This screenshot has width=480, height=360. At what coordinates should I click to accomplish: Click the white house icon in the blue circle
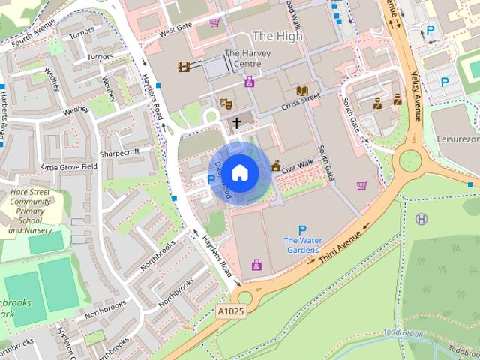tap(239, 172)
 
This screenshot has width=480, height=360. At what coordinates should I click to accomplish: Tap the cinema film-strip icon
tap(184, 67)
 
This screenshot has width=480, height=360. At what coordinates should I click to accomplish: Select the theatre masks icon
tap(223, 102)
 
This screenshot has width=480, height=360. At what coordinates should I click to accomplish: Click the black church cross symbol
tap(237, 121)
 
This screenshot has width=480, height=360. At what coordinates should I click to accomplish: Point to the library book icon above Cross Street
tap(302, 91)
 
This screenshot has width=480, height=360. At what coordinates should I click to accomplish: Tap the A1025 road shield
tap(232, 310)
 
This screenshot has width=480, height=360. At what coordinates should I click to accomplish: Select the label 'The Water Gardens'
tap(302, 244)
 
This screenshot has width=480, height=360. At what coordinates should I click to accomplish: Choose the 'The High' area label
tap(277, 35)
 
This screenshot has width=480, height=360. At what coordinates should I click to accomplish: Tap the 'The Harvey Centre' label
tap(242, 58)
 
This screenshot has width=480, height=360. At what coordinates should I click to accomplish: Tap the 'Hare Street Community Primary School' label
tap(30, 211)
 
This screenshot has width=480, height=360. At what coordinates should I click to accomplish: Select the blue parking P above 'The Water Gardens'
tap(302, 230)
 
